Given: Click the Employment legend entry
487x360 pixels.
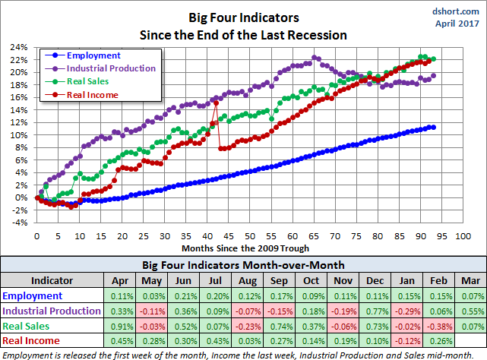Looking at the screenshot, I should click(x=93, y=55).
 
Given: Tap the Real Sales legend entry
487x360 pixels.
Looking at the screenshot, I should click(x=88, y=80).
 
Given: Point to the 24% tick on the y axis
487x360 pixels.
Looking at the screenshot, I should click(x=20, y=46).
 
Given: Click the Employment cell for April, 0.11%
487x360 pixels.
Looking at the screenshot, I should click(x=119, y=295).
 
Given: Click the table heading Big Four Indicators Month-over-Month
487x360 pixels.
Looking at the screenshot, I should click(x=243, y=265).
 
